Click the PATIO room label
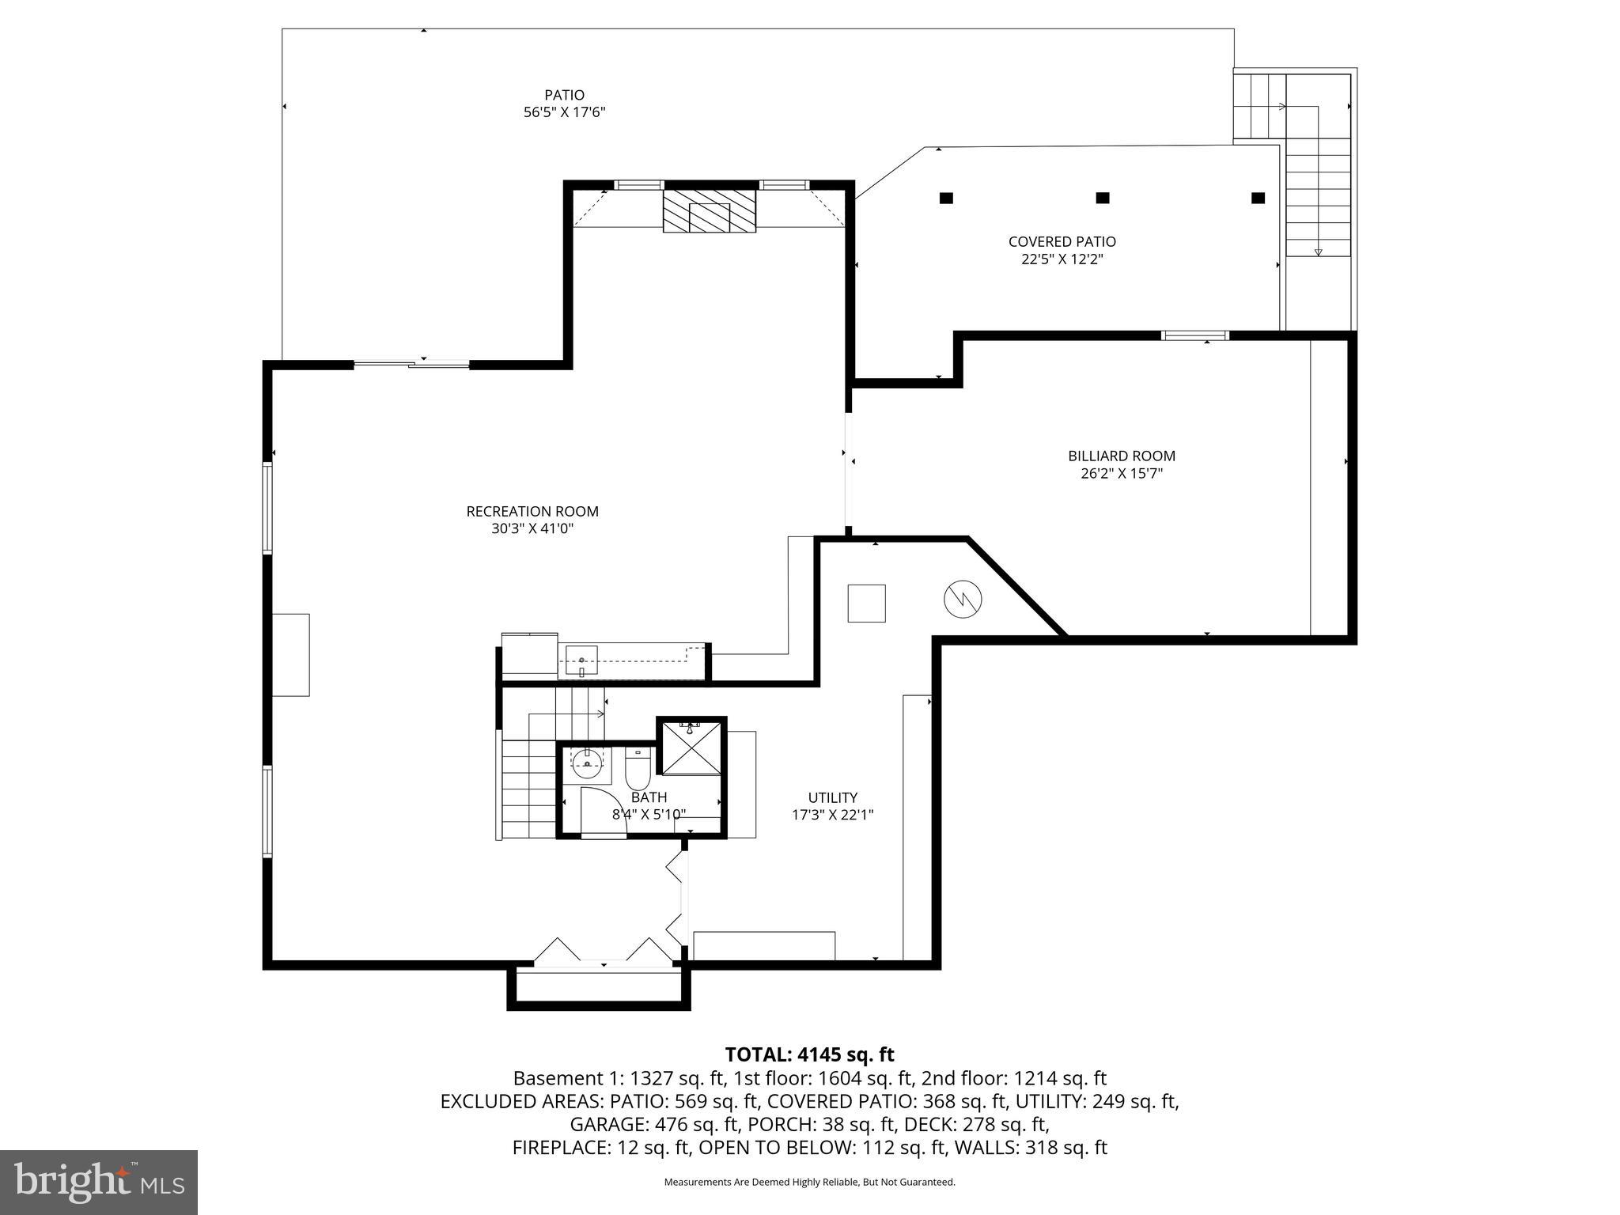pyautogui.click(x=564, y=95)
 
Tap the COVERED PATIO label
pyautogui.click(x=1062, y=241)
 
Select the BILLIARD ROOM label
pyautogui.click(x=1121, y=456)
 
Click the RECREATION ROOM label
pyautogui.click(x=532, y=511)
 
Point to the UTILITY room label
pyautogui.click(x=832, y=797)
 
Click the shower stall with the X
pyautogui.click(x=691, y=748)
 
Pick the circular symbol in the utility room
pyautogui.click(x=963, y=600)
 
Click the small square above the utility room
pyautogui.click(x=866, y=604)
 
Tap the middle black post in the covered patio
pyautogui.click(x=1102, y=198)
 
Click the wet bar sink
pyautogui.click(x=581, y=660)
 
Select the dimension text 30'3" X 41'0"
pyautogui.click(x=532, y=529)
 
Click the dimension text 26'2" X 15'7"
pyautogui.click(x=1121, y=474)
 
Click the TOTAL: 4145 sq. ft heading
pyautogui.click(x=809, y=1054)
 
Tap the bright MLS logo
pyautogui.click(x=99, y=1182)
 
